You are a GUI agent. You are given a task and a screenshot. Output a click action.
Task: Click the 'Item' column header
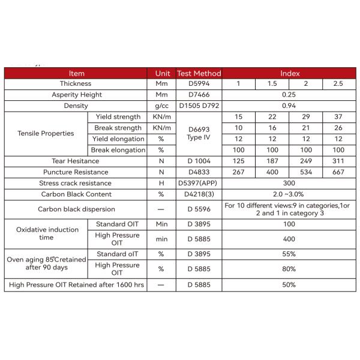(x=76, y=73)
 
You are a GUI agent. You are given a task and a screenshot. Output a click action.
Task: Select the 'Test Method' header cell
(x=199, y=73)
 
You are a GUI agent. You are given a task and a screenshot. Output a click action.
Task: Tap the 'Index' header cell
(x=290, y=73)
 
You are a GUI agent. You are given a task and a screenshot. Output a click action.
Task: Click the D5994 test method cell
(x=199, y=84)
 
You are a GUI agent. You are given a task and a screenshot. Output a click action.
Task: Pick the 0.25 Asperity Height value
(x=290, y=95)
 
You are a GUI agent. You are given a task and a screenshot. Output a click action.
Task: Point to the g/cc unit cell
(x=161, y=106)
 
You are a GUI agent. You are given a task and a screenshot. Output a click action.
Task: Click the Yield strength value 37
(x=338, y=117)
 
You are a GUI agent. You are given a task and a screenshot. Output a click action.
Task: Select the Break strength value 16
(x=272, y=128)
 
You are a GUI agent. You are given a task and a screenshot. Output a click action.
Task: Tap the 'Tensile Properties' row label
(x=46, y=133)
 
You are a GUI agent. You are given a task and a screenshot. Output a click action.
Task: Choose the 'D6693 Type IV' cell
(x=199, y=133)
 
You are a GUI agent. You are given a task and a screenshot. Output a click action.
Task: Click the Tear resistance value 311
(x=338, y=161)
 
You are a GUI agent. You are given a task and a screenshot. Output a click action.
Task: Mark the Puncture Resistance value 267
(x=238, y=172)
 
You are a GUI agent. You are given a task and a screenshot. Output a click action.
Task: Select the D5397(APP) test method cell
(x=199, y=183)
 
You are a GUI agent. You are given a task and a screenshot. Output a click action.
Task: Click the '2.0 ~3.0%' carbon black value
(x=290, y=194)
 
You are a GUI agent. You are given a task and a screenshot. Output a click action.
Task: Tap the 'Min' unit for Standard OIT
(x=161, y=224)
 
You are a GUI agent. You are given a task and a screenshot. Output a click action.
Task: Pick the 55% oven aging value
(x=290, y=254)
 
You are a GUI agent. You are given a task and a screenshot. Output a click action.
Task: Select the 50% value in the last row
(x=290, y=284)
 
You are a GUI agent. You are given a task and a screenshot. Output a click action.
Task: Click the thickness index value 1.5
(x=272, y=84)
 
